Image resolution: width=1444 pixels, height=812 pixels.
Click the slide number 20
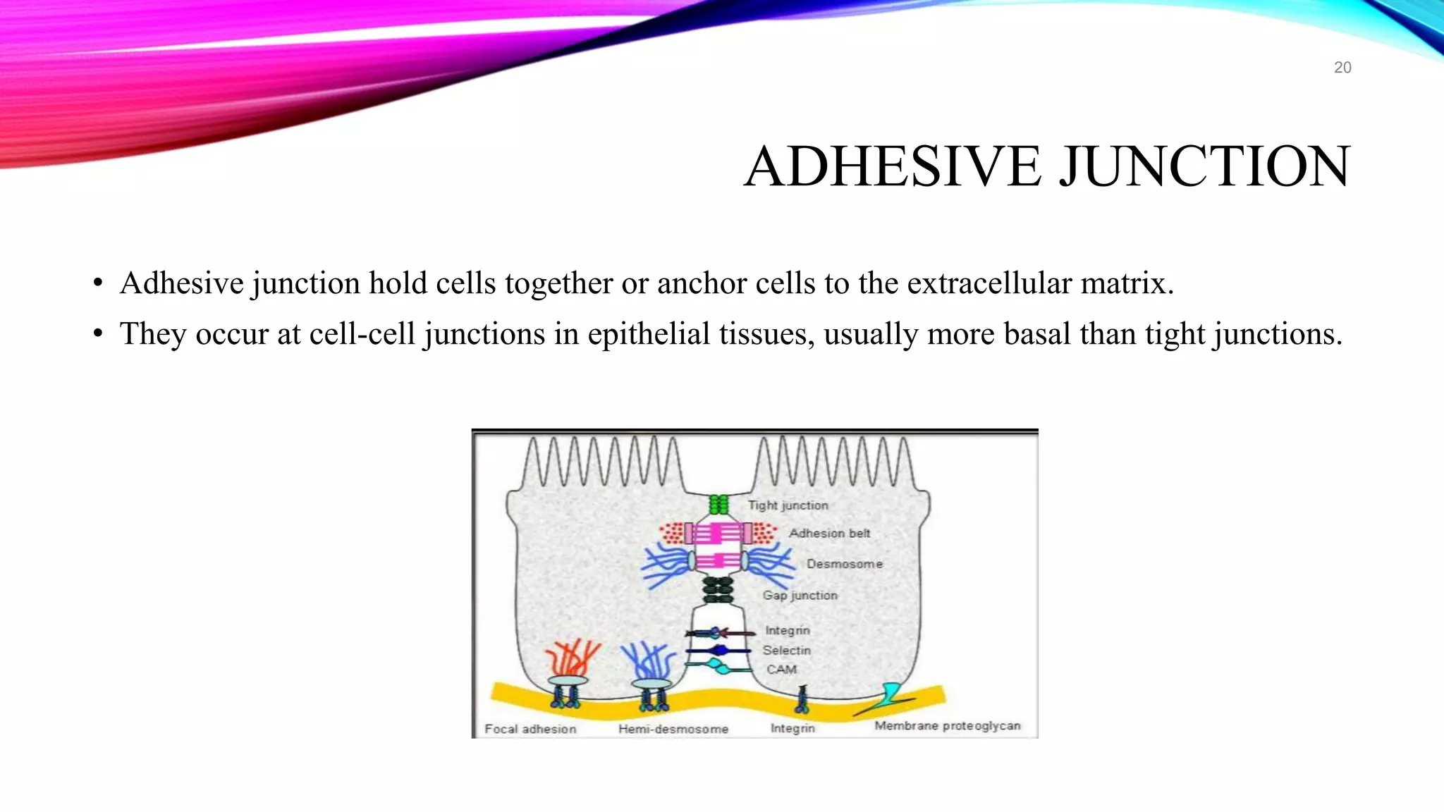1342,68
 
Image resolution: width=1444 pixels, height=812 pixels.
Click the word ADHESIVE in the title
893,166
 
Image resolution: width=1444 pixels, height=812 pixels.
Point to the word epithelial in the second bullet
649,334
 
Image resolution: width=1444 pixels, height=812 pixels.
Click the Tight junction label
788,505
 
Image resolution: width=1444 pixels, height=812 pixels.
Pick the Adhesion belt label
829,534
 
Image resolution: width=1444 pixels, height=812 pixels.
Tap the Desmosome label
844,564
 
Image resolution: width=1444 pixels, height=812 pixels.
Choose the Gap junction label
800,596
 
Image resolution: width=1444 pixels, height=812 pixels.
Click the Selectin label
786,651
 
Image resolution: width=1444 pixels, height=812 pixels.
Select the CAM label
781,670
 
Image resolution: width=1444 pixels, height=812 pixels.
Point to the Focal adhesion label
530,729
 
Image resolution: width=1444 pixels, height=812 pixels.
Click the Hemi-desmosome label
673,729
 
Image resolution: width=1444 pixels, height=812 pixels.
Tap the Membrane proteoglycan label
947,726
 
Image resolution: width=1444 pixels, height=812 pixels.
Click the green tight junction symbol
718,505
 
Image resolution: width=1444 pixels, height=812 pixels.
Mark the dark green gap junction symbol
718,589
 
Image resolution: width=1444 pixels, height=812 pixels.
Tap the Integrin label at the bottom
793,728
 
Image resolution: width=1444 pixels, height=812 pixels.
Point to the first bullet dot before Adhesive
98,284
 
